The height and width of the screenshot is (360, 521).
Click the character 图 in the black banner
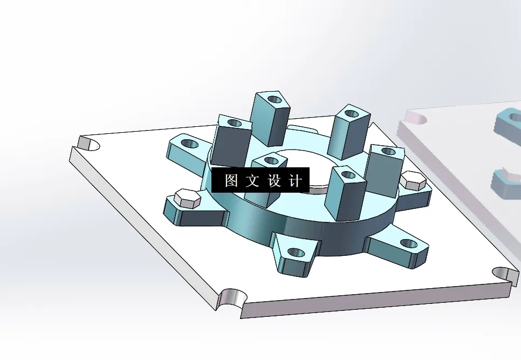coord(231,181)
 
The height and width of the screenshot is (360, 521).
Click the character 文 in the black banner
coord(252,181)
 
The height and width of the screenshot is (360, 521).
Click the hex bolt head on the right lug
coord(413,180)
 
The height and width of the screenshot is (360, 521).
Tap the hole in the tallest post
coord(275,100)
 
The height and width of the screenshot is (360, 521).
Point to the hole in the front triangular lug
coord(296,252)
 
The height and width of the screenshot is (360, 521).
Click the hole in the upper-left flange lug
coord(189,144)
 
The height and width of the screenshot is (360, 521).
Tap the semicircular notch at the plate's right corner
coord(504,273)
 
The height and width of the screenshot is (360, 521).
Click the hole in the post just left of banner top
coord(235,123)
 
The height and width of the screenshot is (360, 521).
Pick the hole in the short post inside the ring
coord(271,160)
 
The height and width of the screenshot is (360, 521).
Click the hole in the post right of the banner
coord(346,174)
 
